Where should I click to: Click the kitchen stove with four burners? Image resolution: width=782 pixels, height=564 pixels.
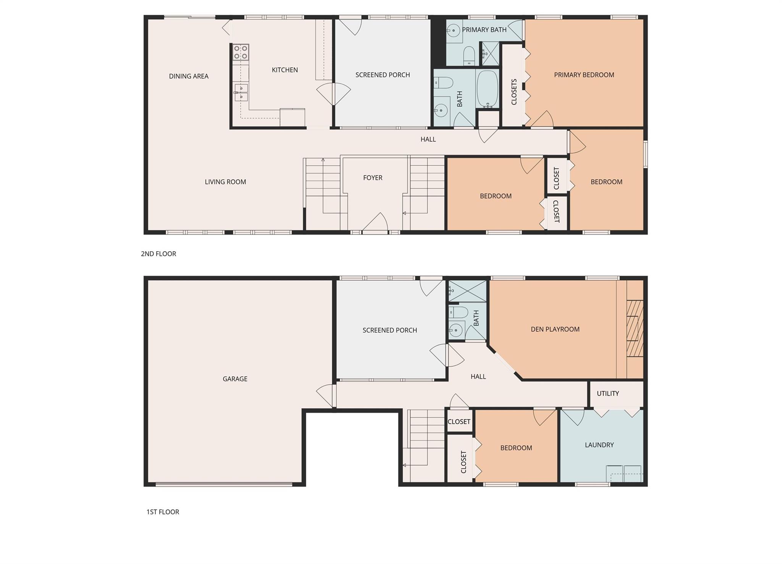[241, 52]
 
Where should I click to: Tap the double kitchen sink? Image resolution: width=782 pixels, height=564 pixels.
[241, 93]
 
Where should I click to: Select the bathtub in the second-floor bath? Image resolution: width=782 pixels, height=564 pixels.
[488, 89]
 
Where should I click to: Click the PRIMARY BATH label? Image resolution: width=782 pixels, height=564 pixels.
[484, 30]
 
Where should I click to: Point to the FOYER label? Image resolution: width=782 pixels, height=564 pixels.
[372, 178]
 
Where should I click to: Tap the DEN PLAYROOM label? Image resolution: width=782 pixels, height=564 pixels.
[555, 329]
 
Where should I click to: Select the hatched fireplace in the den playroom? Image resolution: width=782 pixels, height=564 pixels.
[635, 329]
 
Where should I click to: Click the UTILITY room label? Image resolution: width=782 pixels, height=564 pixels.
[608, 393]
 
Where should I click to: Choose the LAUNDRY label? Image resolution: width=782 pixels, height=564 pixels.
[599, 445]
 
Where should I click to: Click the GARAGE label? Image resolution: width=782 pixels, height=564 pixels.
[235, 379]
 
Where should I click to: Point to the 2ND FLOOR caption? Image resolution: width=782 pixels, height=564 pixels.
[158, 254]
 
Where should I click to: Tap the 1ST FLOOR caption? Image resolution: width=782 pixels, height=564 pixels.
[163, 512]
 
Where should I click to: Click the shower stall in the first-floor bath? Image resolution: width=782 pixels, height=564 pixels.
[467, 291]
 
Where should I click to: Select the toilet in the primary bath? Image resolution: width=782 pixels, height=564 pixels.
[469, 56]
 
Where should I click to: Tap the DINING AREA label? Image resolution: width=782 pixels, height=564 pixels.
[189, 76]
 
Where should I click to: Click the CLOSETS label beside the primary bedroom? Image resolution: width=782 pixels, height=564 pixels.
[514, 92]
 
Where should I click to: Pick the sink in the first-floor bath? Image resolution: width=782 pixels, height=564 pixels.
[456, 329]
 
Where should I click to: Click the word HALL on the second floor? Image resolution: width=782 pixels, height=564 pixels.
[428, 139]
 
